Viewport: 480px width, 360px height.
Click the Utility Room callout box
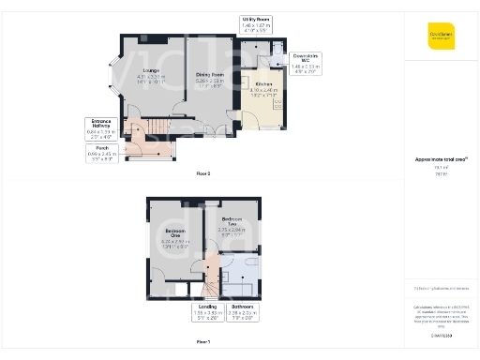(256, 23)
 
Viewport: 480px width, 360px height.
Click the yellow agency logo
(442, 36)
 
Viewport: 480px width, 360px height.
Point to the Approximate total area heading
(442, 159)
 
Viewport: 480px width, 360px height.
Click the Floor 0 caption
(202, 173)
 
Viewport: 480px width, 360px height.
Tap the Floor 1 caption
(202, 342)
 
